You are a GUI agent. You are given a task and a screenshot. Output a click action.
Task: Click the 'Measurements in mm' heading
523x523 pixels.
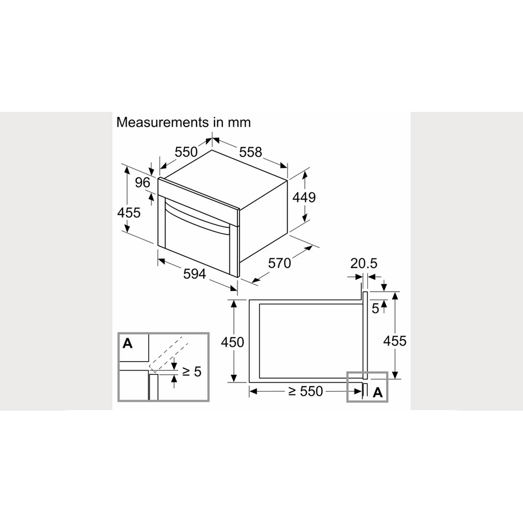point(183,123)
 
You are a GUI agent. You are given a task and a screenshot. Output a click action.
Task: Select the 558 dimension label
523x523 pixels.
point(251,152)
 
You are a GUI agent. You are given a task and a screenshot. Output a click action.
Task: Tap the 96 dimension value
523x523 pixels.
point(142,182)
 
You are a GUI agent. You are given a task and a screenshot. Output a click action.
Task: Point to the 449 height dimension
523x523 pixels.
point(304,197)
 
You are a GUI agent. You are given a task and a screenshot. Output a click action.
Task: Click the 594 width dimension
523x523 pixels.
point(195,274)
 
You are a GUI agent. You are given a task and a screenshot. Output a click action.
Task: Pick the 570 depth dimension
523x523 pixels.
point(279,263)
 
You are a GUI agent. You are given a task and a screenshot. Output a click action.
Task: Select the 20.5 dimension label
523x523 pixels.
point(364,263)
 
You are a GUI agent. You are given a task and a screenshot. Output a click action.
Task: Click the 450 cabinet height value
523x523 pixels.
point(232,342)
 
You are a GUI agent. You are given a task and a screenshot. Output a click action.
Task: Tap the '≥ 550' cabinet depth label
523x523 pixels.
point(305,391)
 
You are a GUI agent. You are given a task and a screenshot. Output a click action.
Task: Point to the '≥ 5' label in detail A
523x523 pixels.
point(192,371)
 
